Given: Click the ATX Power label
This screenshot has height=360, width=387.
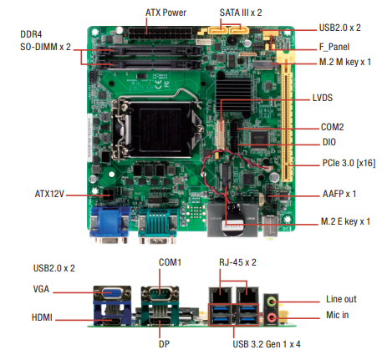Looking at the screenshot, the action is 165,13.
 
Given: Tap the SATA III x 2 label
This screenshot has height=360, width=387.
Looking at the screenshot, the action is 241,13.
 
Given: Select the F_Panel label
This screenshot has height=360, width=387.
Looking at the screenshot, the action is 334,47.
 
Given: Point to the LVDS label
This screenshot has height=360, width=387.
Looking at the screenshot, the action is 323,98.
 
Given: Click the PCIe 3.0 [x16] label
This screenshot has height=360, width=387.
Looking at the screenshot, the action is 349,163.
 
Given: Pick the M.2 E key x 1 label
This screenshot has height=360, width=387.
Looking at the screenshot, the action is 345,221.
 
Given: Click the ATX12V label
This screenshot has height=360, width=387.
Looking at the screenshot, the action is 49,194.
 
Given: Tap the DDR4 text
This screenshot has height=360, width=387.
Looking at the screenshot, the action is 31,34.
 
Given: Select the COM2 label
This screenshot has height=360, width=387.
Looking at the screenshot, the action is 333,127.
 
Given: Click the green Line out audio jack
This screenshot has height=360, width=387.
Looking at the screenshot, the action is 272,302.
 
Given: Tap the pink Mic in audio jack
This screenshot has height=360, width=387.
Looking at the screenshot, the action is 272,317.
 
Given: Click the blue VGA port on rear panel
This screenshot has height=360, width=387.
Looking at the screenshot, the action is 112,293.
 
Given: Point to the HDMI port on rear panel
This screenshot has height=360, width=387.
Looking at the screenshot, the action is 112,321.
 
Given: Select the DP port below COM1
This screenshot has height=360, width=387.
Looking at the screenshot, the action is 160,321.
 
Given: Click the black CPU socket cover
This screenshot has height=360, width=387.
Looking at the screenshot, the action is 160,129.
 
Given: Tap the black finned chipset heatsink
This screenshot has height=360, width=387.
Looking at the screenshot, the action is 233,95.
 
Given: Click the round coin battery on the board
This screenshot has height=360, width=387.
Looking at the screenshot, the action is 233,220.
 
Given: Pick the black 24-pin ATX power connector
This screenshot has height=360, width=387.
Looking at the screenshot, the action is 160,33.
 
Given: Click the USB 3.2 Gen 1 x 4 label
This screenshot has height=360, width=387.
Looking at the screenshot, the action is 267,344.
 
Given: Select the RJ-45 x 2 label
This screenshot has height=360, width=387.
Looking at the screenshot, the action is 237,262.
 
